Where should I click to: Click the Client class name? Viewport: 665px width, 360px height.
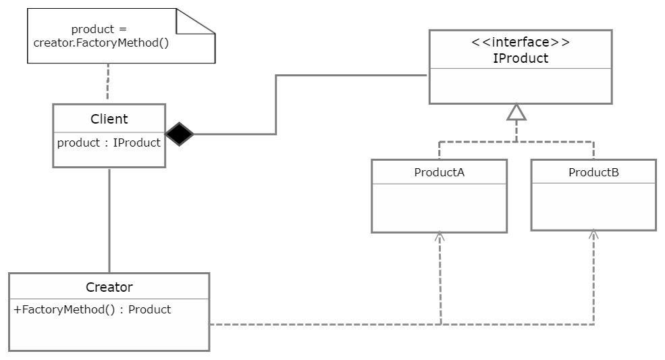[x=109, y=120]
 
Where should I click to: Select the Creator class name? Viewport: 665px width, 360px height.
[x=109, y=287]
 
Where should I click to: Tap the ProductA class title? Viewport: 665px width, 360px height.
[x=439, y=172]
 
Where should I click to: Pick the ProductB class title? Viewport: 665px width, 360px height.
[x=593, y=172]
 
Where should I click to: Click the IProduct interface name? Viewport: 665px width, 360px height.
[x=520, y=58]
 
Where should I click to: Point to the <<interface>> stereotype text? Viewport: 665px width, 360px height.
[x=520, y=43]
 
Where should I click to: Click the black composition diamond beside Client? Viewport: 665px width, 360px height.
[x=180, y=134]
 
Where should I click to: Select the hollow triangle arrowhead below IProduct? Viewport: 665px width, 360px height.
[x=516, y=112]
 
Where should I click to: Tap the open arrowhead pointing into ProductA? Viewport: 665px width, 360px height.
[x=440, y=236]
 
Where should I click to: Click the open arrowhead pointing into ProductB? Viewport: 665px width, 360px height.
[x=593, y=234]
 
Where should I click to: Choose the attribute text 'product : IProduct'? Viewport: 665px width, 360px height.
[x=109, y=143]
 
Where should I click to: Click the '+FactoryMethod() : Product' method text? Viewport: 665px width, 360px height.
[x=92, y=309]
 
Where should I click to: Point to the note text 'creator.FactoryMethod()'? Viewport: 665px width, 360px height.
[x=101, y=43]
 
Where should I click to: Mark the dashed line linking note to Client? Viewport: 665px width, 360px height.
[x=108, y=84]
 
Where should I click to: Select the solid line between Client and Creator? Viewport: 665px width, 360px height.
[x=109, y=220]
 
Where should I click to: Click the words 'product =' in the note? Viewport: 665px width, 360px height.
[x=99, y=29]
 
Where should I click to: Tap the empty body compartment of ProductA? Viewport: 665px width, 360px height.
[x=439, y=208]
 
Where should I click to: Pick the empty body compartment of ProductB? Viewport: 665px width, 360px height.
[x=593, y=207]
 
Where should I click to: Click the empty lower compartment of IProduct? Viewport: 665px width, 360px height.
[x=520, y=86]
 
